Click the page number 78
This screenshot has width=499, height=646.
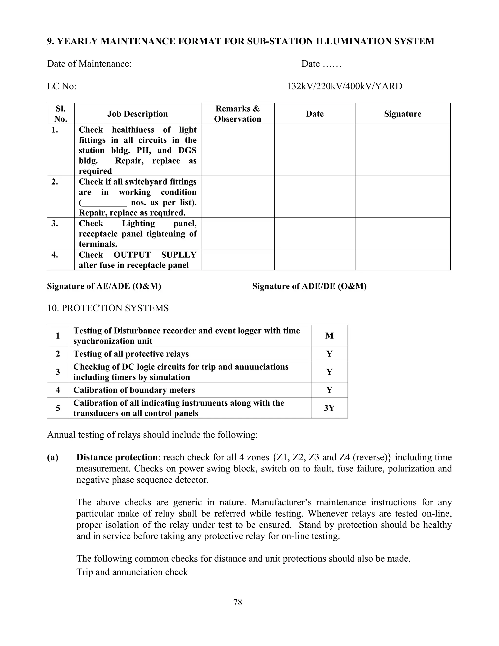238,602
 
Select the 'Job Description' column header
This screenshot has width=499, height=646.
137,114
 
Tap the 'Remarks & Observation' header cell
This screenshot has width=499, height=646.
237,114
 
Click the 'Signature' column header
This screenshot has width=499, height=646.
403,114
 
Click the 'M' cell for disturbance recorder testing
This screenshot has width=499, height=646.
329,335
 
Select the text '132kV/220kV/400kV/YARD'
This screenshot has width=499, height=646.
344,86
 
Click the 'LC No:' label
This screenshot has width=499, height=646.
61,86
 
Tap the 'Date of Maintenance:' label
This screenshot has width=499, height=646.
89,64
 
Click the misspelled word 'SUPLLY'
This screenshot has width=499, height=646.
179,255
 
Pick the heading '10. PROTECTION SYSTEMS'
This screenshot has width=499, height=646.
108,308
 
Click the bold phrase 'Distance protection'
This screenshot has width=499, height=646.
117,457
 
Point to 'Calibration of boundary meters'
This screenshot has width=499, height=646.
134,390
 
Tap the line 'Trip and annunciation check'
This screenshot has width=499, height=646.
132,572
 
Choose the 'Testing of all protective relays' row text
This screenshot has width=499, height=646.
131,354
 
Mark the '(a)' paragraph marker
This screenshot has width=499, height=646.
53,457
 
